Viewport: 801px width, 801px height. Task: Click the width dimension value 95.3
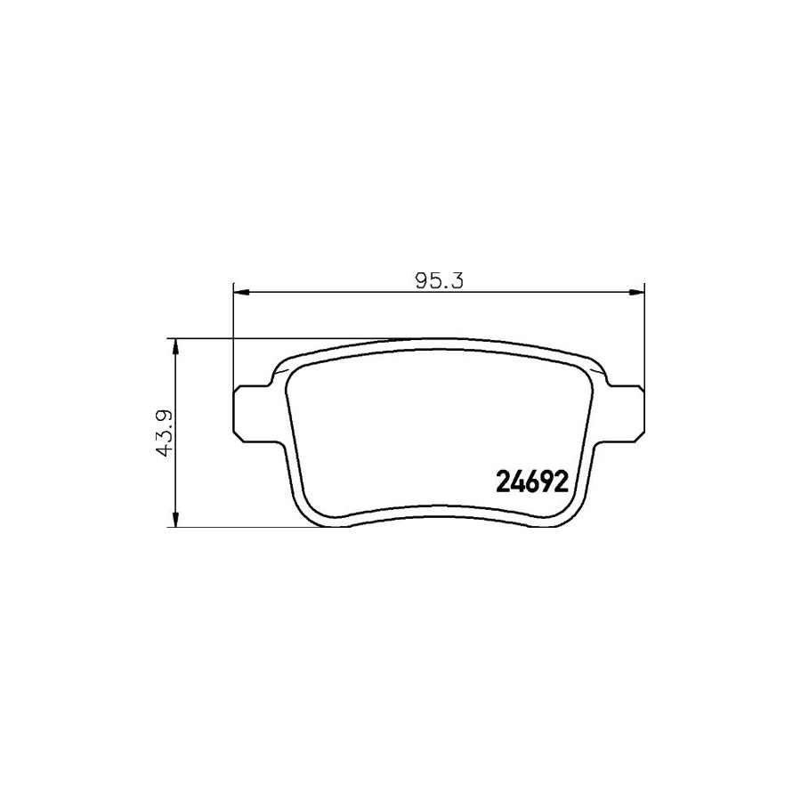439,281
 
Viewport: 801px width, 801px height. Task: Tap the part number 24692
532,481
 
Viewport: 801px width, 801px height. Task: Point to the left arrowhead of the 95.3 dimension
240,292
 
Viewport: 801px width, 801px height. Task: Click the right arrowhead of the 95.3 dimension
636,292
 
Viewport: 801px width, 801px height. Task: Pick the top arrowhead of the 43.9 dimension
175,346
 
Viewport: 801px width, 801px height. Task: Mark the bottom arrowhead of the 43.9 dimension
175,519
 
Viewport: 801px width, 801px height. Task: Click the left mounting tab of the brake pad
250,413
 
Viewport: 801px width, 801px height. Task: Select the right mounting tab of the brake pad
627,413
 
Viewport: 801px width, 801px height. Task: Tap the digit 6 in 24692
532,481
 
